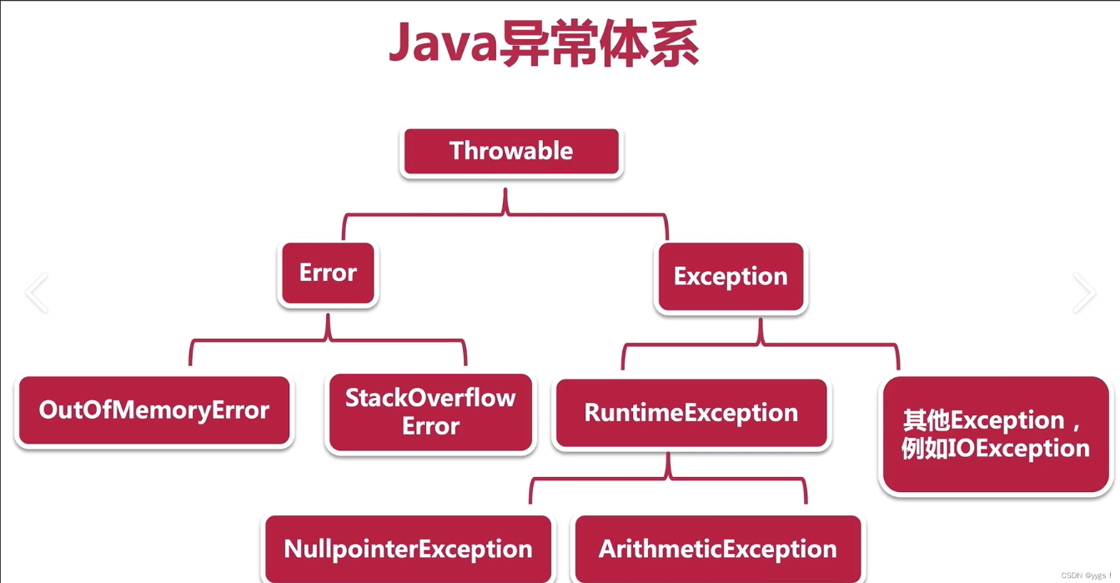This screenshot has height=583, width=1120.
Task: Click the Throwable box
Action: pos(510,152)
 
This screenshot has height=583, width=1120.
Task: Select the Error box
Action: pos(328,274)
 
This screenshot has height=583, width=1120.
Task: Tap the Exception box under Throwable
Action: pos(731,277)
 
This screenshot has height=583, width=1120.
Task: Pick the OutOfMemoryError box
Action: pos(153,410)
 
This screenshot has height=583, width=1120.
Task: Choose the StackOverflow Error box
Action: pos(430,412)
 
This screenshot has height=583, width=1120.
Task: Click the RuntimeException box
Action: pos(691,413)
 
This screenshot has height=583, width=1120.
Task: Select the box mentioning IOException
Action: pos(996,435)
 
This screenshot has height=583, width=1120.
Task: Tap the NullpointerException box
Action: pos(408,549)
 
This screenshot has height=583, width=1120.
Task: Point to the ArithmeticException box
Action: pos(717,549)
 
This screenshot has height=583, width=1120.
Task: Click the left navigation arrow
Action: pos(37,292)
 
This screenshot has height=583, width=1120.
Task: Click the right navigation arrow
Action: pos(1083,292)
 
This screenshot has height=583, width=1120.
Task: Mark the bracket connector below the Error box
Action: pos(328,340)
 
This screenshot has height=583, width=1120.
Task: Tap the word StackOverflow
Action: pos(430,398)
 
